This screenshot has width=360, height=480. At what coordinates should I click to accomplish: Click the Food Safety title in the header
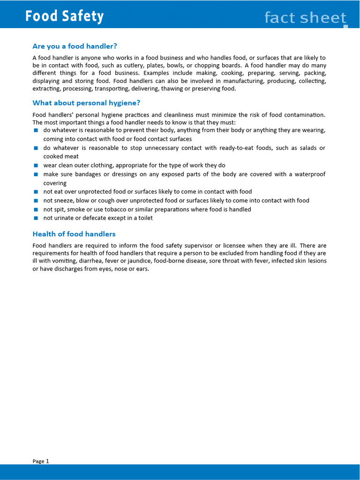[x=64, y=16]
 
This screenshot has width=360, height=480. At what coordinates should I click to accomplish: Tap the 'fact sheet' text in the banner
[x=305, y=18]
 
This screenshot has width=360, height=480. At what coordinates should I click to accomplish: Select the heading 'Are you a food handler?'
[x=75, y=46]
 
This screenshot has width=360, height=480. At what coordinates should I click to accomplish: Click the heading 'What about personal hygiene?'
[x=86, y=103]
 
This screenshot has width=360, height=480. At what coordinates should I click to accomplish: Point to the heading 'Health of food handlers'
[x=74, y=234]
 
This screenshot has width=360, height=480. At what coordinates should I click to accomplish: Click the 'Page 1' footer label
[x=41, y=461]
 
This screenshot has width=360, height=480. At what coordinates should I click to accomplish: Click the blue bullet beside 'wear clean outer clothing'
[x=36, y=165]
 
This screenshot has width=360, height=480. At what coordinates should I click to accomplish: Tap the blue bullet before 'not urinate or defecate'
[x=36, y=218]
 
